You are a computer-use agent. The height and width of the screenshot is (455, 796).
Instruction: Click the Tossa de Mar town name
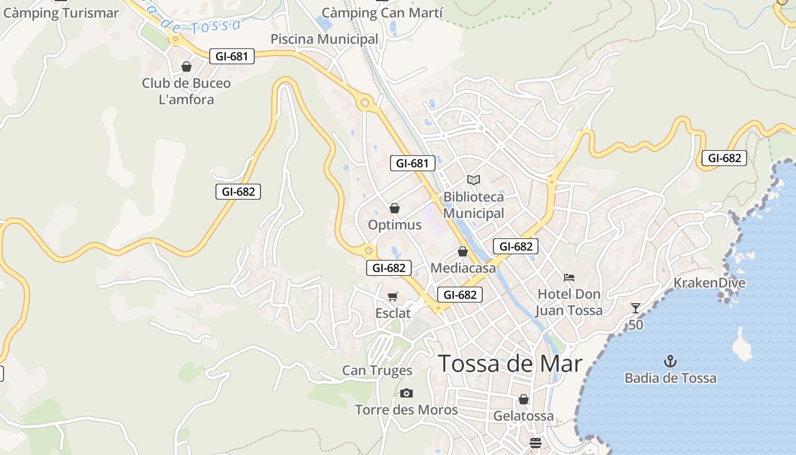coord(510,364)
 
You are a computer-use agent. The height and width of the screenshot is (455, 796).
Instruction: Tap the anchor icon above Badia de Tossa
coord(670,361)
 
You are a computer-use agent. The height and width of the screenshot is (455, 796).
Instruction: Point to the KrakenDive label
coord(709,283)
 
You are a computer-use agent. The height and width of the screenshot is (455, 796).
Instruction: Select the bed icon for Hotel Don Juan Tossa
coord(569,278)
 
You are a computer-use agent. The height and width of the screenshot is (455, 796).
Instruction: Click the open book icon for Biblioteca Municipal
coord(474,180)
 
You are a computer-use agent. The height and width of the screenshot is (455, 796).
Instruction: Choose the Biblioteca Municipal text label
coord(474,205)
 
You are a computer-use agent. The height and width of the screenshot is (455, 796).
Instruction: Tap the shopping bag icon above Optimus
coord(395,208)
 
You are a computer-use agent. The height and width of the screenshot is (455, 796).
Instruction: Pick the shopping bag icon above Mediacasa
coord(463,251)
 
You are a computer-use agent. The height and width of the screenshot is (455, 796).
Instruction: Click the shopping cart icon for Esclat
coord(393,296)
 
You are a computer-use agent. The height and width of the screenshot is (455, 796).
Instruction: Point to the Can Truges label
coord(377,371)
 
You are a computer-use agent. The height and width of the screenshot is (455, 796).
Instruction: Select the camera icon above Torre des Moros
coord(406,393)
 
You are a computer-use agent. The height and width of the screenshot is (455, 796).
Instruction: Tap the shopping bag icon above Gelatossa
coord(524,399)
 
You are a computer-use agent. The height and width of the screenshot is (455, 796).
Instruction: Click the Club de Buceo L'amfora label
coord(186,92)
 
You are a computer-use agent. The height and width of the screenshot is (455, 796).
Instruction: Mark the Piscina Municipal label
coord(324,39)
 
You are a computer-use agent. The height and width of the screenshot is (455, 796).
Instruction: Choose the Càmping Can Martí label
coord(382,13)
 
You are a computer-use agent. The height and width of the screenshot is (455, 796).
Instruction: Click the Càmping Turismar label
coord(61,13)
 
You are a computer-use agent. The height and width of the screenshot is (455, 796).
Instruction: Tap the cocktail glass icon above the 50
coord(636,308)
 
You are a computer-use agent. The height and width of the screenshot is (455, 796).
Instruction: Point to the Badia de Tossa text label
coord(670,378)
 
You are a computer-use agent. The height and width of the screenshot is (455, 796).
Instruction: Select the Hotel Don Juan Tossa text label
coord(569,303)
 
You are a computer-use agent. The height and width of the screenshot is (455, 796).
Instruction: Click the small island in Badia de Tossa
coord(741,345)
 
